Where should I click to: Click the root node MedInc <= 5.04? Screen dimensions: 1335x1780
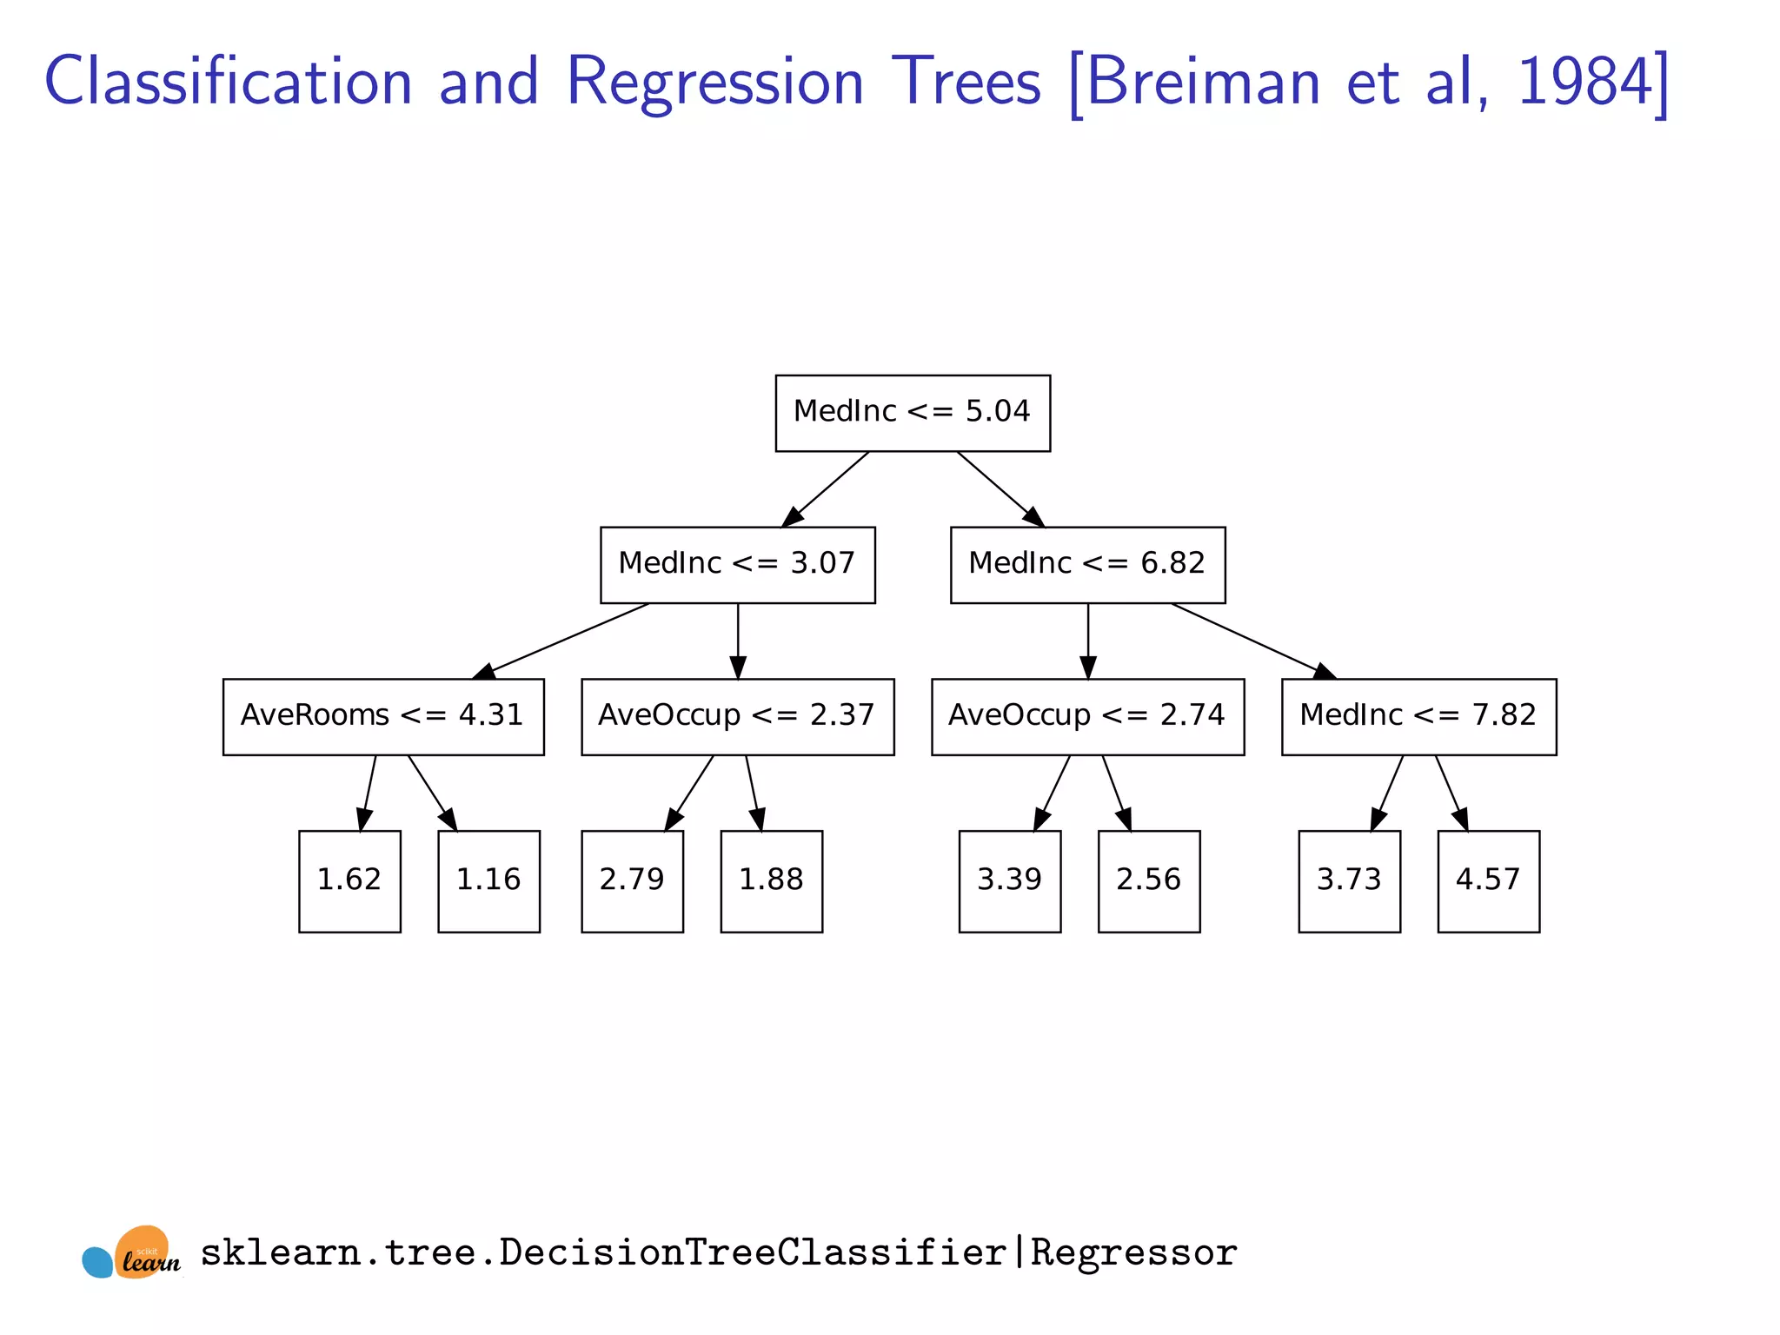(x=913, y=413)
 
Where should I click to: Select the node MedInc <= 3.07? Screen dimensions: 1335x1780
(x=737, y=565)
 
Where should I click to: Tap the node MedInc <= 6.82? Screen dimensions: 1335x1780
(x=1087, y=565)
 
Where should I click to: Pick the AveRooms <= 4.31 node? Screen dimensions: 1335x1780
(x=383, y=716)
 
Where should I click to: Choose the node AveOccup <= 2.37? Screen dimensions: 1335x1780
(x=737, y=716)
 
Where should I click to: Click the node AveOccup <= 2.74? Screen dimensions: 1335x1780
(x=1087, y=716)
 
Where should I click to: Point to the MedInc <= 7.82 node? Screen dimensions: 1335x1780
(x=1418, y=716)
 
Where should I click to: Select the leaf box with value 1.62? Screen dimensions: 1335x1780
(x=349, y=881)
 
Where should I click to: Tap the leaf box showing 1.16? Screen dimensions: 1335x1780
(x=488, y=881)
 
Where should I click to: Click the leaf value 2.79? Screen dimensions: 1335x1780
(x=632, y=881)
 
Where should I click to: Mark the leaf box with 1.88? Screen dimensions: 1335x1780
(x=771, y=881)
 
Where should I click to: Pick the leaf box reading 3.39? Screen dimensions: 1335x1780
(x=1009, y=881)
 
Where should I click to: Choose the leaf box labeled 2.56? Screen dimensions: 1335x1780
(x=1148, y=881)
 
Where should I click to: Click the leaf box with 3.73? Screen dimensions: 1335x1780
(x=1349, y=881)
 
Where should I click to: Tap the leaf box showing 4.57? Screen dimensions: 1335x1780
(x=1488, y=881)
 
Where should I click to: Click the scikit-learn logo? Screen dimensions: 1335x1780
(x=132, y=1253)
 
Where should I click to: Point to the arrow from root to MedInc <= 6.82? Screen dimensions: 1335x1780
(x=1000, y=488)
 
